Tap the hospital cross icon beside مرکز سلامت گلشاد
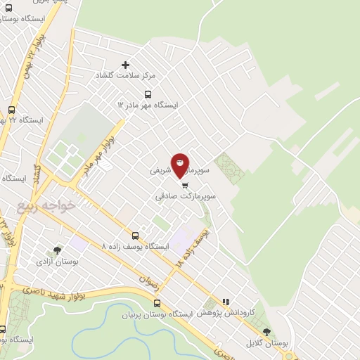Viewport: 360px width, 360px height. [126, 65]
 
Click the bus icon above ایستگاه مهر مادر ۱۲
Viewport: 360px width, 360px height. [148, 94]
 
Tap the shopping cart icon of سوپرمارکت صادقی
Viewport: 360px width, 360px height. [185, 186]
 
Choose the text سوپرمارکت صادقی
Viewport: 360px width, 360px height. [185, 198]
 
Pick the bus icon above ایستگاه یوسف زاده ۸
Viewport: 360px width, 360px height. [135, 236]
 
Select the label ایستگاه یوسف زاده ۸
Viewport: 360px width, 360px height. [135, 247]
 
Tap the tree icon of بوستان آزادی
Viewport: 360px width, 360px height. [58, 250]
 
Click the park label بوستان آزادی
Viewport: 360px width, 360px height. [58, 261]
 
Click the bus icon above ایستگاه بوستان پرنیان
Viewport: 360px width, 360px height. [157, 304]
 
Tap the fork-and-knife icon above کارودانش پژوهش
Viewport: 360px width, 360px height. [226, 301]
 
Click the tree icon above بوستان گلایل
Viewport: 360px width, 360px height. [266, 331]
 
